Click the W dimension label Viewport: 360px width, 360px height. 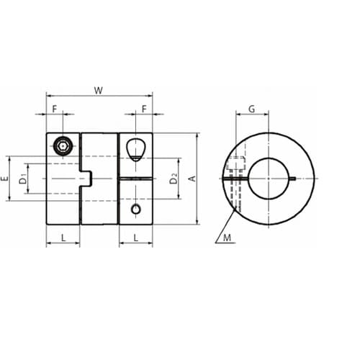(x=99, y=91)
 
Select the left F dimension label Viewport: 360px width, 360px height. (x=55, y=109)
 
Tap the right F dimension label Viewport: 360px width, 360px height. (x=144, y=109)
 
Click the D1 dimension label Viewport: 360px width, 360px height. (x=23, y=179)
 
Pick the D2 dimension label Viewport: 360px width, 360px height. (x=174, y=179)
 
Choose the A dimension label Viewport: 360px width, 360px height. (x=193, y=179)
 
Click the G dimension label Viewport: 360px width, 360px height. (x=251, y=109)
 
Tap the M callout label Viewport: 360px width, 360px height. (x=227, y=238)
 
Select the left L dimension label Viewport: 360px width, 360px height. (x=63, y=238)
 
